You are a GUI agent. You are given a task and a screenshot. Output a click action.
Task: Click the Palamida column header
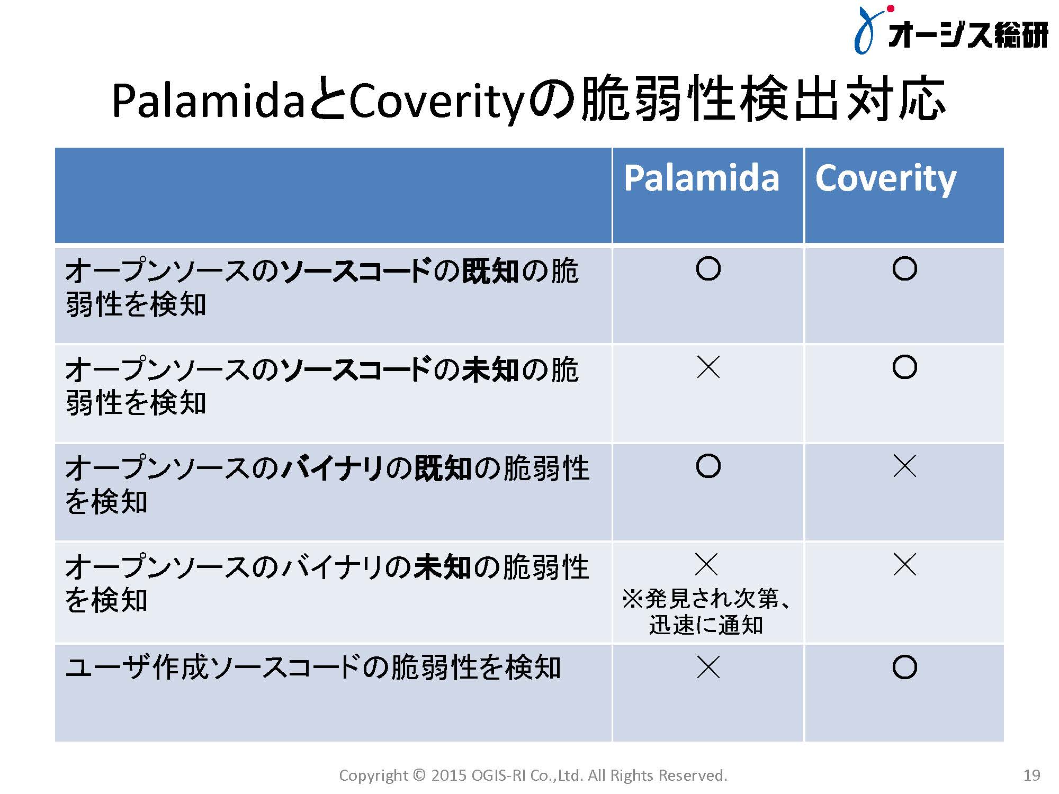(x=702, y=178)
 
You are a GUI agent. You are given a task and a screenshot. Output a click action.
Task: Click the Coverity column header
(x=886, y=179)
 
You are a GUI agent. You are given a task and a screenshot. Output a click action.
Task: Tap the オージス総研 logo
(x=951, y=30)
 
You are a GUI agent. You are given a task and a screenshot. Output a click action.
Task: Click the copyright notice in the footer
(x=533, y=775)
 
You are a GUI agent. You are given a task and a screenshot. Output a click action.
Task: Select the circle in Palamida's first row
(x=708, y=269)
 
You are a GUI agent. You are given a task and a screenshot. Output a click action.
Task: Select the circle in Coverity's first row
(x=904, y=269)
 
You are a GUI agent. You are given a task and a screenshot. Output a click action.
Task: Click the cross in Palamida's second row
(x=708, y=367)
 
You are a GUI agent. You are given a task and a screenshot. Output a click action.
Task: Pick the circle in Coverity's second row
(x=904, y=367)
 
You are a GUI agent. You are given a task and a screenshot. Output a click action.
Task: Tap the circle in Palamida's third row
(x=708, y=466)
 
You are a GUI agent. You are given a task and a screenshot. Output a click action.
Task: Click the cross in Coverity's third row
(x=904, y=466)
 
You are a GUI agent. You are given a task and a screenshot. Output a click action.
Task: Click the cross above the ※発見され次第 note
(x=706, y=564)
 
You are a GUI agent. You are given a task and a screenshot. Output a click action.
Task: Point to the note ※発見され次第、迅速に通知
(x=706, y=611)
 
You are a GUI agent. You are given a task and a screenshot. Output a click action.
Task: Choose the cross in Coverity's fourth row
(x=904, y=564)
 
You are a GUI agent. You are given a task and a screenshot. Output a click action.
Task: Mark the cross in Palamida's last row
(x=708, y=667)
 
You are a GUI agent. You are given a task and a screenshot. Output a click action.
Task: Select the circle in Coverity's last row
(x=904, y=667)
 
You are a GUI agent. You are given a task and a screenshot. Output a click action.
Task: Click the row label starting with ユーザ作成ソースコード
(x=313, y=667)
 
